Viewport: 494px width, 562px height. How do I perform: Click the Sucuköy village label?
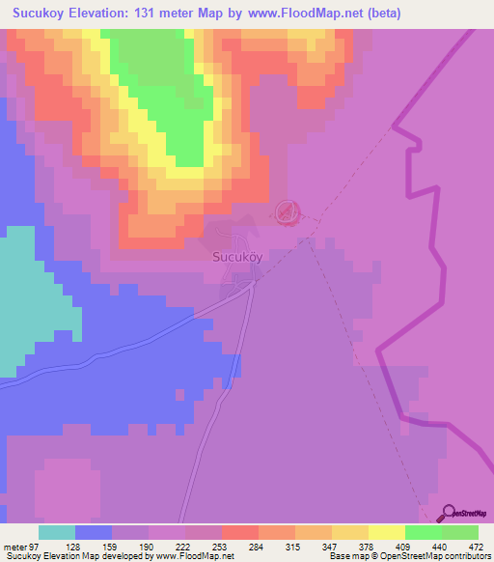[236, 258]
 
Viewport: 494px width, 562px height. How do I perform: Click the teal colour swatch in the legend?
[57, 532]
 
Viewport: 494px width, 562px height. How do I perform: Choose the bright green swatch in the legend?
[424, 532]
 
